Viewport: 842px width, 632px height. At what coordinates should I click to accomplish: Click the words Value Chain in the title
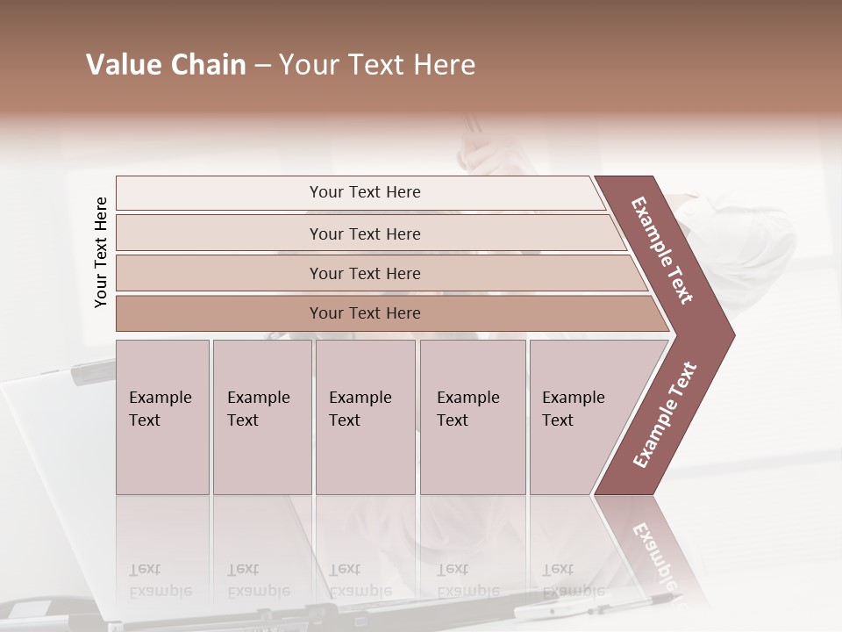(166, 65)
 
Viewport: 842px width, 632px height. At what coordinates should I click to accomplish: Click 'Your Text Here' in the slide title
(377, 65)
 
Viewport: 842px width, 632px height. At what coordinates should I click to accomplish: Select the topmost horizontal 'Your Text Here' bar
(364, 192)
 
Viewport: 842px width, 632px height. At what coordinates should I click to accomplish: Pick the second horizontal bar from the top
(364, 233)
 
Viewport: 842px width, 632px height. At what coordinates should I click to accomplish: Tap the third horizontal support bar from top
(364, 273)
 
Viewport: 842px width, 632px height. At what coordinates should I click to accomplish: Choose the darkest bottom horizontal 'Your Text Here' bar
(364, 313)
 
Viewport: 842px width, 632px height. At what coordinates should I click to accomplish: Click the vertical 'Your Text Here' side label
(101, 252)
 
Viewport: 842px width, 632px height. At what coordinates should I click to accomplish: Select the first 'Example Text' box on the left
(162, 416)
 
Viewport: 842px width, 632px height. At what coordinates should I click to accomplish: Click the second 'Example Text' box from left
(261, 416)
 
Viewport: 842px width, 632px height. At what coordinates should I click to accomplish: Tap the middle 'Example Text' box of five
(365, 416)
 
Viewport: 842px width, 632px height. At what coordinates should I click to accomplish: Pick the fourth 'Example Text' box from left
(472, 416)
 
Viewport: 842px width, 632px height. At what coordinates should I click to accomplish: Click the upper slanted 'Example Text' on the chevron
(663, 250)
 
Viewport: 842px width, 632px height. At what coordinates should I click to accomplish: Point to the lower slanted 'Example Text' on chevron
(665, 414)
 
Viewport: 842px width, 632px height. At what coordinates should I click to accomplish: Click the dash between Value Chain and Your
(262, 66)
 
